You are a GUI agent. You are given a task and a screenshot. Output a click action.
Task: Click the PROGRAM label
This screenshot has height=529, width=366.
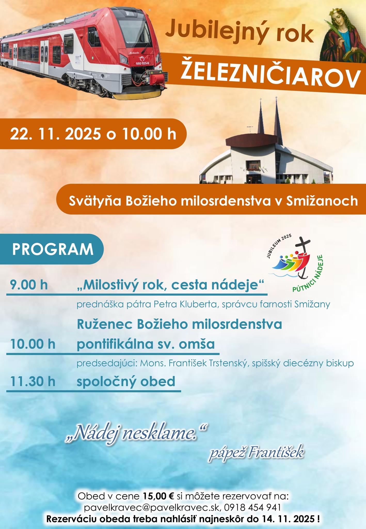point(53,249)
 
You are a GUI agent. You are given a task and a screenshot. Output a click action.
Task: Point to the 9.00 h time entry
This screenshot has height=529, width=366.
point(29,285)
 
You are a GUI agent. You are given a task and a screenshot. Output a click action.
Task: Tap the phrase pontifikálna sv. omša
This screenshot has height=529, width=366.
point(146,344)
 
